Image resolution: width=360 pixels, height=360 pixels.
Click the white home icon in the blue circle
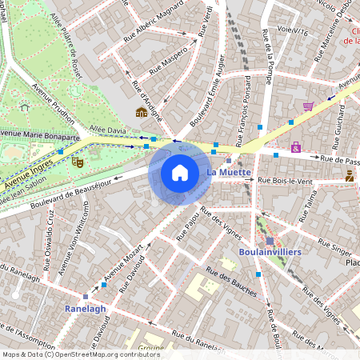pos(180,172)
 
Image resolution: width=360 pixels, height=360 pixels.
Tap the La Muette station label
pos(229,172)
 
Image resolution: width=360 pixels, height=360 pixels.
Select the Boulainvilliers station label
pos(269,252)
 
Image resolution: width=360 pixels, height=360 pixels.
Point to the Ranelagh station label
pos(85,306)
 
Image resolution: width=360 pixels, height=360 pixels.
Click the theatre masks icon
pos(78,161)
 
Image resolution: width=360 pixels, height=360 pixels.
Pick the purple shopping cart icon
pos(308,106)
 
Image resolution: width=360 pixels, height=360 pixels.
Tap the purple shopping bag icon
pos(296,147)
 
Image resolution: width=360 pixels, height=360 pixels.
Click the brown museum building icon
pos(141,112)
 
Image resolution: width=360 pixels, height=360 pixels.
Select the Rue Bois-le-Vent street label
pos(285,180)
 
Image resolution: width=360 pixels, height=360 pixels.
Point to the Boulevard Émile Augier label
pos(206,101)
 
